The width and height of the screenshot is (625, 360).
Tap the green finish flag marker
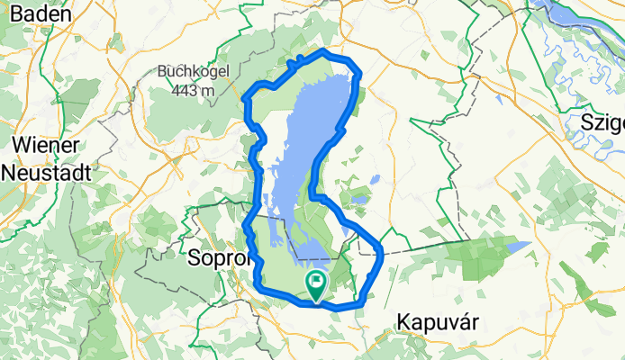point(317,285)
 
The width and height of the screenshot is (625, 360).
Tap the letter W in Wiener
point(18,146)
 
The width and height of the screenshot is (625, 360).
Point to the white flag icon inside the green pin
point(317,282)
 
